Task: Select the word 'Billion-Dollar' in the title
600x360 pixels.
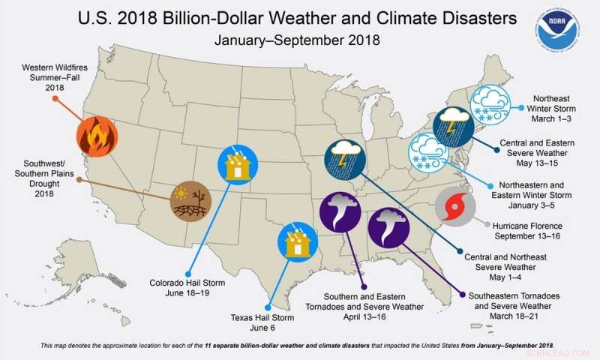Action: pos(250,19)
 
